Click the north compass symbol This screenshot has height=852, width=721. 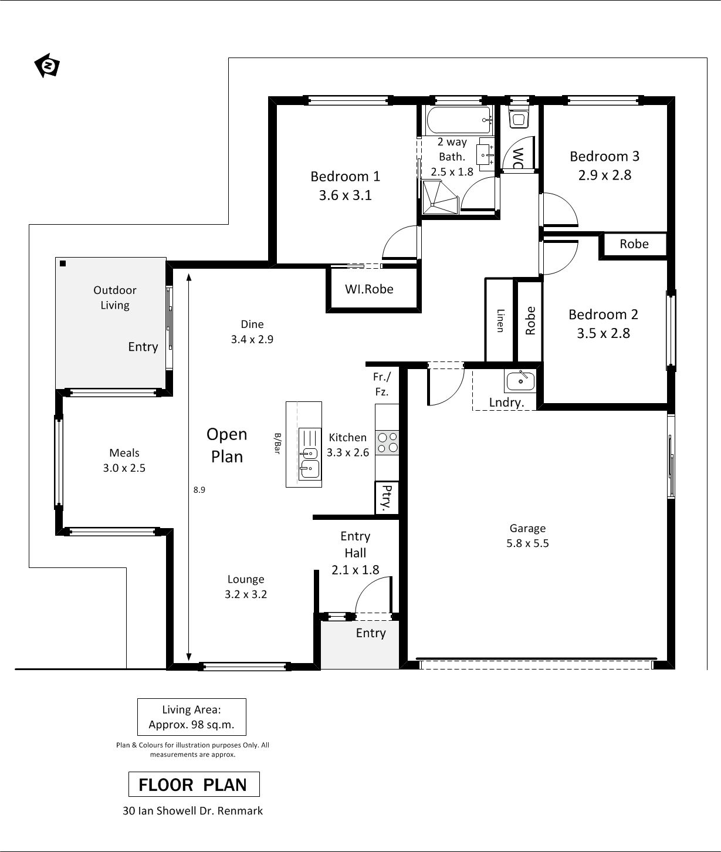pyautogui.click(x=47, y=66)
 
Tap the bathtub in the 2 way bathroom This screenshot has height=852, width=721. pyautogui.click(x=459, y=120)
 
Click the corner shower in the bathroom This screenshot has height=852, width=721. pyautogui.click(x=441, y=197)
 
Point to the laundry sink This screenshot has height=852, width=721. pyautogui.click(x=520, y=380)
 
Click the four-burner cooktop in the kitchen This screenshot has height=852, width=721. pyautogui.click(x=388, y=442)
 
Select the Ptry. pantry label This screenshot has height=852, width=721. pyautogui.click(x=386, y=498)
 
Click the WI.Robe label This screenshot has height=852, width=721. pyautogui.click(x=369, y=289)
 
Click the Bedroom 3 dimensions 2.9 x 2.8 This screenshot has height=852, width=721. pyautogui.click(x=604, y=175)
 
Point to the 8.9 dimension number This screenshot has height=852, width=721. pyautogui.click(x=199, y=490)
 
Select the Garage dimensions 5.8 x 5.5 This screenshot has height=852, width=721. pyautogui.click(x=527, y=543)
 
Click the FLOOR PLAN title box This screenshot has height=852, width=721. pyautogui.click(x=194, y=784)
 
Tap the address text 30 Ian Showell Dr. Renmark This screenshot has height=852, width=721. pyautogui.click(x=193, y=811)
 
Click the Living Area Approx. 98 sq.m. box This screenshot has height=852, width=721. pyautogui.click(x=192, y=717)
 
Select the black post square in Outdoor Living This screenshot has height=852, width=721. pyautogui.click(x=63, y=263)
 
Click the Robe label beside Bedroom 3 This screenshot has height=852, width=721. pyautogui.click(x=634, y=244)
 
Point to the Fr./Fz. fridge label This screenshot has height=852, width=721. pyautogui.click(x=381, y=384)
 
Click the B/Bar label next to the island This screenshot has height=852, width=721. pyautogui.click(x=277, y=444)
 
